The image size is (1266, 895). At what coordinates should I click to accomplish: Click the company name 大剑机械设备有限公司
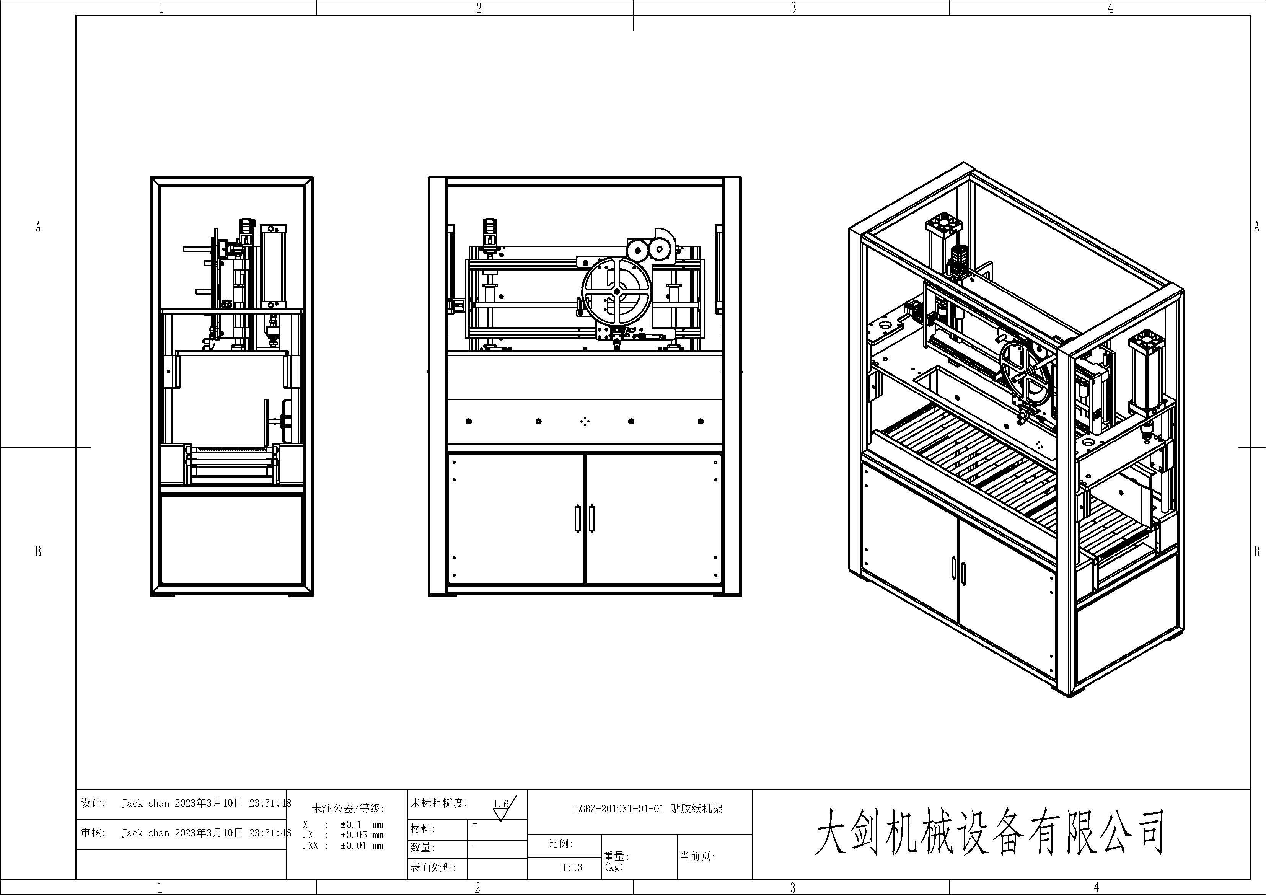pos(989,832)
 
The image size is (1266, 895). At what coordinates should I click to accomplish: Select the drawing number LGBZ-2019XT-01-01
pos(617,809)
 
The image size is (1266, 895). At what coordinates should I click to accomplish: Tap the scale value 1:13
pos(572,867)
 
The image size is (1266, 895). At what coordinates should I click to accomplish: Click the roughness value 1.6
pos(501,804)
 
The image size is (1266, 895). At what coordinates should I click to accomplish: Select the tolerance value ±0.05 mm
pos(362,835)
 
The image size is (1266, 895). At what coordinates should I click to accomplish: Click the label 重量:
pos(616,856)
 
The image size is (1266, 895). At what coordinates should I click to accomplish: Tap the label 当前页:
pos(697,856)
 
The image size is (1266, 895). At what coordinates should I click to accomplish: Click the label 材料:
pos(423,829)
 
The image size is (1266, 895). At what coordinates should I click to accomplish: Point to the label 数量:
pos(423,848)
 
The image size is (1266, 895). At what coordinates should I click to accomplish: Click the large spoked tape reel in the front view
pos(616,290)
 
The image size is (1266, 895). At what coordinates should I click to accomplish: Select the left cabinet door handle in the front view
pos(577,519)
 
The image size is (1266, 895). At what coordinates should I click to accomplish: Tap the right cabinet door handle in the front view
pos(591,519)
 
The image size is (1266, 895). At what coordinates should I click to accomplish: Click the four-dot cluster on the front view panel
pos(585,422)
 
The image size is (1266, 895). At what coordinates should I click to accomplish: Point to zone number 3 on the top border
pos(793,8)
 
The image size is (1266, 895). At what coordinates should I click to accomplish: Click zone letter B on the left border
pos(38,551)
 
